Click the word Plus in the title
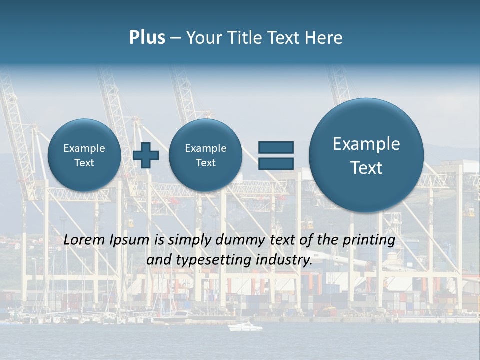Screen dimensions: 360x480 (x=147, y=38)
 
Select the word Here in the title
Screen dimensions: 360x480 (x=325, y=38)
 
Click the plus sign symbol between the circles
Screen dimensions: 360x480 (x=146, y=155)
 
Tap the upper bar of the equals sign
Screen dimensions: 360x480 (x=276, y=147)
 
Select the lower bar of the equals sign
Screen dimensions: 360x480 (x=276, y=163)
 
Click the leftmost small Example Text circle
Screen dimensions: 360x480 (x=84, y=155)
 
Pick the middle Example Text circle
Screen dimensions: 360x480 (x=205, y=155)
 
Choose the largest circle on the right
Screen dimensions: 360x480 (x=366, y=155)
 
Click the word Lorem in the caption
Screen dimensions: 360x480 (x=85, y=240)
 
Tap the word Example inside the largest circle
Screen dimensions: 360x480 (x=366, y=144)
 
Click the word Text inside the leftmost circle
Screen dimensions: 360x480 (x=84, y=163)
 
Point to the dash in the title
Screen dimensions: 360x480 (x=175, y=38)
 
